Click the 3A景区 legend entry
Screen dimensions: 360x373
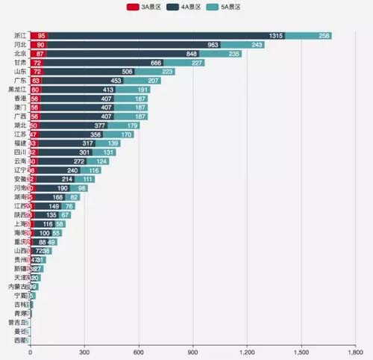point(145,7)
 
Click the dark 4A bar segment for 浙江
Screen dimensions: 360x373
point(164,36)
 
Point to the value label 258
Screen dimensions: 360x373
point(325,36)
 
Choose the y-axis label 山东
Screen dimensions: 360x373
point(20,72)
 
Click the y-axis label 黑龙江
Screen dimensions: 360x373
point(18,90)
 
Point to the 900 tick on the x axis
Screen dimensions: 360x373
point(193,352)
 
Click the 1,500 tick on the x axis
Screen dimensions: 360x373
point(302,352)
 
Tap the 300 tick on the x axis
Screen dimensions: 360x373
point(84,352)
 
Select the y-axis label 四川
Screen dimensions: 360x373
point(20,152)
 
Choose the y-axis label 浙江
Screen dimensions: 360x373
point(20,36)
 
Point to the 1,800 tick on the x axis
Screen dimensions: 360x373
point(356,352)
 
